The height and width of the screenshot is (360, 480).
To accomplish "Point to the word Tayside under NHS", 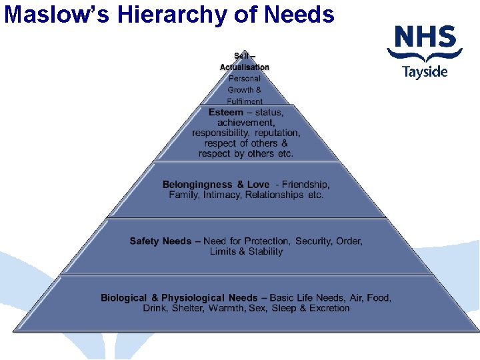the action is point(425,72).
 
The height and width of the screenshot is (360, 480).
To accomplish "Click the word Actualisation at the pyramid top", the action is point(245,67).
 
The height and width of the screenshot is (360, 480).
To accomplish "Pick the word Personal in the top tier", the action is point(245,78).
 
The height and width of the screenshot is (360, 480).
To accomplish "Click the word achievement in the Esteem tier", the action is point(245,123).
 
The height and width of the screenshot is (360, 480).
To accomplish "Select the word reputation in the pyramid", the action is point(277,133).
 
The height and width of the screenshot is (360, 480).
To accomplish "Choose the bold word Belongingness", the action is point(197,185).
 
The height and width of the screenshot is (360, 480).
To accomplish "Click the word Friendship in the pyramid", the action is point(306,185).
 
